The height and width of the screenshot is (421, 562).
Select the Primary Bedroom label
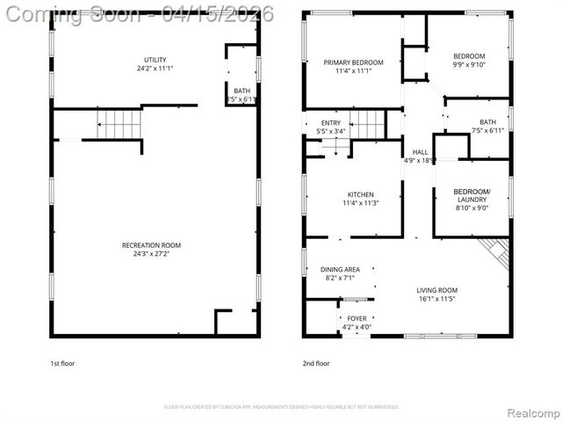(353, 62)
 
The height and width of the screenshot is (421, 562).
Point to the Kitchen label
(360, 194)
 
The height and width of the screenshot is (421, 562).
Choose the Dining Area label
(339, 270)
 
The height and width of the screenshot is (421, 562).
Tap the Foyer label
(357, 319)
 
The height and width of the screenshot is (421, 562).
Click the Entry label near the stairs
(330, 123)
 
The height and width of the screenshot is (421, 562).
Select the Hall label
(420, 152)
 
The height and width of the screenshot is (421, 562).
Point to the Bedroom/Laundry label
(472, 195)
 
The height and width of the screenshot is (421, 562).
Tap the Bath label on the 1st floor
(241, 91)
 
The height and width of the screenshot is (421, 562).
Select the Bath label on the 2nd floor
(487, 122)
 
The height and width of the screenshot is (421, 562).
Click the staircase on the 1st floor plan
(119, 124)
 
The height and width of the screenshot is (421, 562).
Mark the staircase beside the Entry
(368, 125)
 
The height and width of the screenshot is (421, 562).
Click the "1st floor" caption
(62, 363)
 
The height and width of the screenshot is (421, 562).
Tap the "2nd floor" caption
(315, 363)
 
